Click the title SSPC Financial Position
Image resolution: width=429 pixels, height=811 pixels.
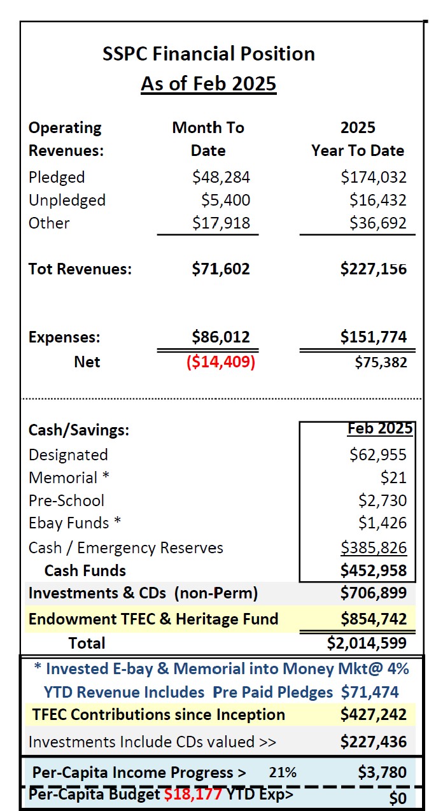click(209, 53)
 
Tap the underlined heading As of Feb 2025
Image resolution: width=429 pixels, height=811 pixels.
click(209, 84)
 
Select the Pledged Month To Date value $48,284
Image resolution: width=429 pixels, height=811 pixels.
click(221, 177)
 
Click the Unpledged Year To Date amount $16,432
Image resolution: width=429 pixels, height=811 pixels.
click(377, 200)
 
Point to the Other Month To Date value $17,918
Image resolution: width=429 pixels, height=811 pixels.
click(221, 223)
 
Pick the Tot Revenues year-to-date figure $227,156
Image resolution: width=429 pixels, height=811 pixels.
click(373, 269)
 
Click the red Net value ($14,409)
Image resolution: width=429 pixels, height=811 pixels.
click(220, 362)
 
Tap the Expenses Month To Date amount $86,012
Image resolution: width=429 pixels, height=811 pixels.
click(221, 337)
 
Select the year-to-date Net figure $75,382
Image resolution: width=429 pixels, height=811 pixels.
click(380, 362)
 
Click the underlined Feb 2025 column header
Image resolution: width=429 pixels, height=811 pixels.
click(379, 428)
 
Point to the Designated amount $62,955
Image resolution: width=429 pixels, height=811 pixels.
click(377, 455)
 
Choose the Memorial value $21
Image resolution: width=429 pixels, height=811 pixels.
click(394, 477)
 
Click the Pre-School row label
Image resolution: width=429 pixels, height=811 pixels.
click(66, 500)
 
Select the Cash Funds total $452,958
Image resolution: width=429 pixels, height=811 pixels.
click(373, 570)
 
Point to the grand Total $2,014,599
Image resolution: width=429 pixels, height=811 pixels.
click(367, 642)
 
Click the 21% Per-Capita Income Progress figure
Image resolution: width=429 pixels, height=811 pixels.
click(282, 773)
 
